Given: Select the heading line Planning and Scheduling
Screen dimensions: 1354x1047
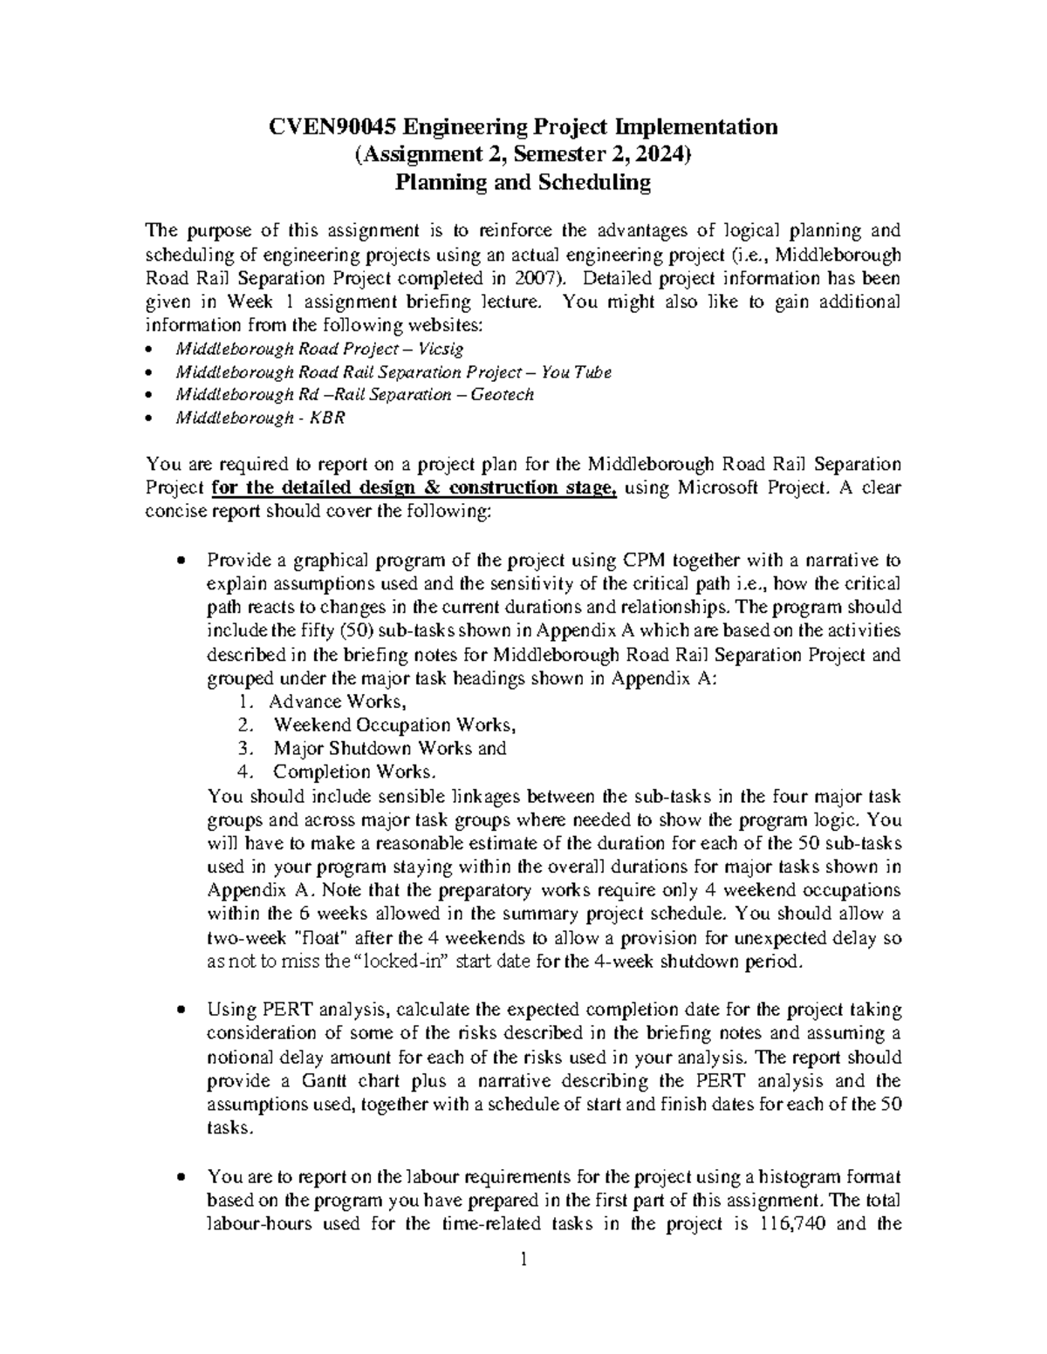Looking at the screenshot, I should [x=523, y=183].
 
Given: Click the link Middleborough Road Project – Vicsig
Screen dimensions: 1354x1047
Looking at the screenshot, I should [x=319, y=349].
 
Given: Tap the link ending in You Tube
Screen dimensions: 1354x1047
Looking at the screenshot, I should [x=393, y=372].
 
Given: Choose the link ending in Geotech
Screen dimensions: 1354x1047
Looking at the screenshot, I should [x=354, y=395].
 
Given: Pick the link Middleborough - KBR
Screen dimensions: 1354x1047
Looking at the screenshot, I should [x=260, y=418].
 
